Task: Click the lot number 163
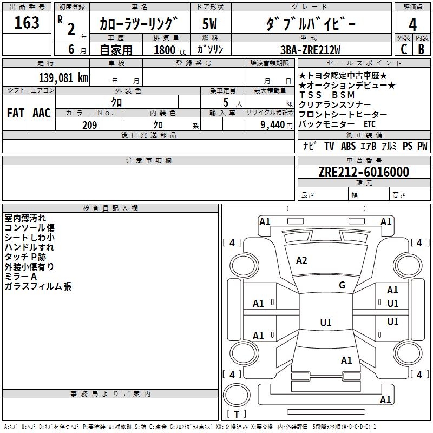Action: (27, 23)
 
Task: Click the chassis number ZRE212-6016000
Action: (363, 172)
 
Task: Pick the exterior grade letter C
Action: (403, 49)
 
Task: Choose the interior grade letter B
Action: (421, 49)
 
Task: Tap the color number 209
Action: (89, 125)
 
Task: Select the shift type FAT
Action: (15, 113)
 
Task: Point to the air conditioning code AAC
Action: (41, 113)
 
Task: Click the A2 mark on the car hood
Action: (301, 260)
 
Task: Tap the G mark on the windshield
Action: (342, 285)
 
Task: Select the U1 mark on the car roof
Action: (325, 323)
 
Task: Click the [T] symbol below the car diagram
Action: (236, 415)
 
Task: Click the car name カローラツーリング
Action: (138, 24)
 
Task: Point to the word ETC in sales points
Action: (370, 124)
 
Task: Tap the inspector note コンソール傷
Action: (30, 228)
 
